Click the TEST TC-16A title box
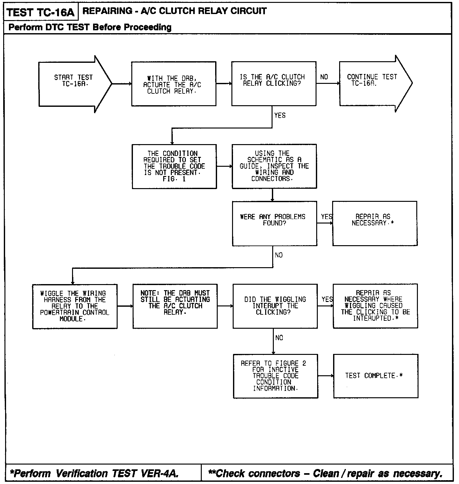tap(40, 12)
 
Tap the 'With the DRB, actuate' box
tap(174, 84)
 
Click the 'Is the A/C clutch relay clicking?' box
tap(273, 84)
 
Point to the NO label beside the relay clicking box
tap(324, 77)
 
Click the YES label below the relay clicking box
tap(280, 115)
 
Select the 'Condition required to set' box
tap(174, 166)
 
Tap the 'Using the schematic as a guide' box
tap(274, 166)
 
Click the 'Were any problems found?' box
tap(274, 224)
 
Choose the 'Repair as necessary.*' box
tap(375, 224)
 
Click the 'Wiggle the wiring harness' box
tap(75, 306)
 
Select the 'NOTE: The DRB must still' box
tap(175, 306)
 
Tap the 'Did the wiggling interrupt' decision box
tap(275, 306)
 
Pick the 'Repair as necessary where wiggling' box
tap(375, 306)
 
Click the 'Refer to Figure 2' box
tap(275, 376)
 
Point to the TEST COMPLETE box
tap(375, 376)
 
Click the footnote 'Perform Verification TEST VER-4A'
tap(94, 473)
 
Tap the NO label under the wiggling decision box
tap(279, 338)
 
